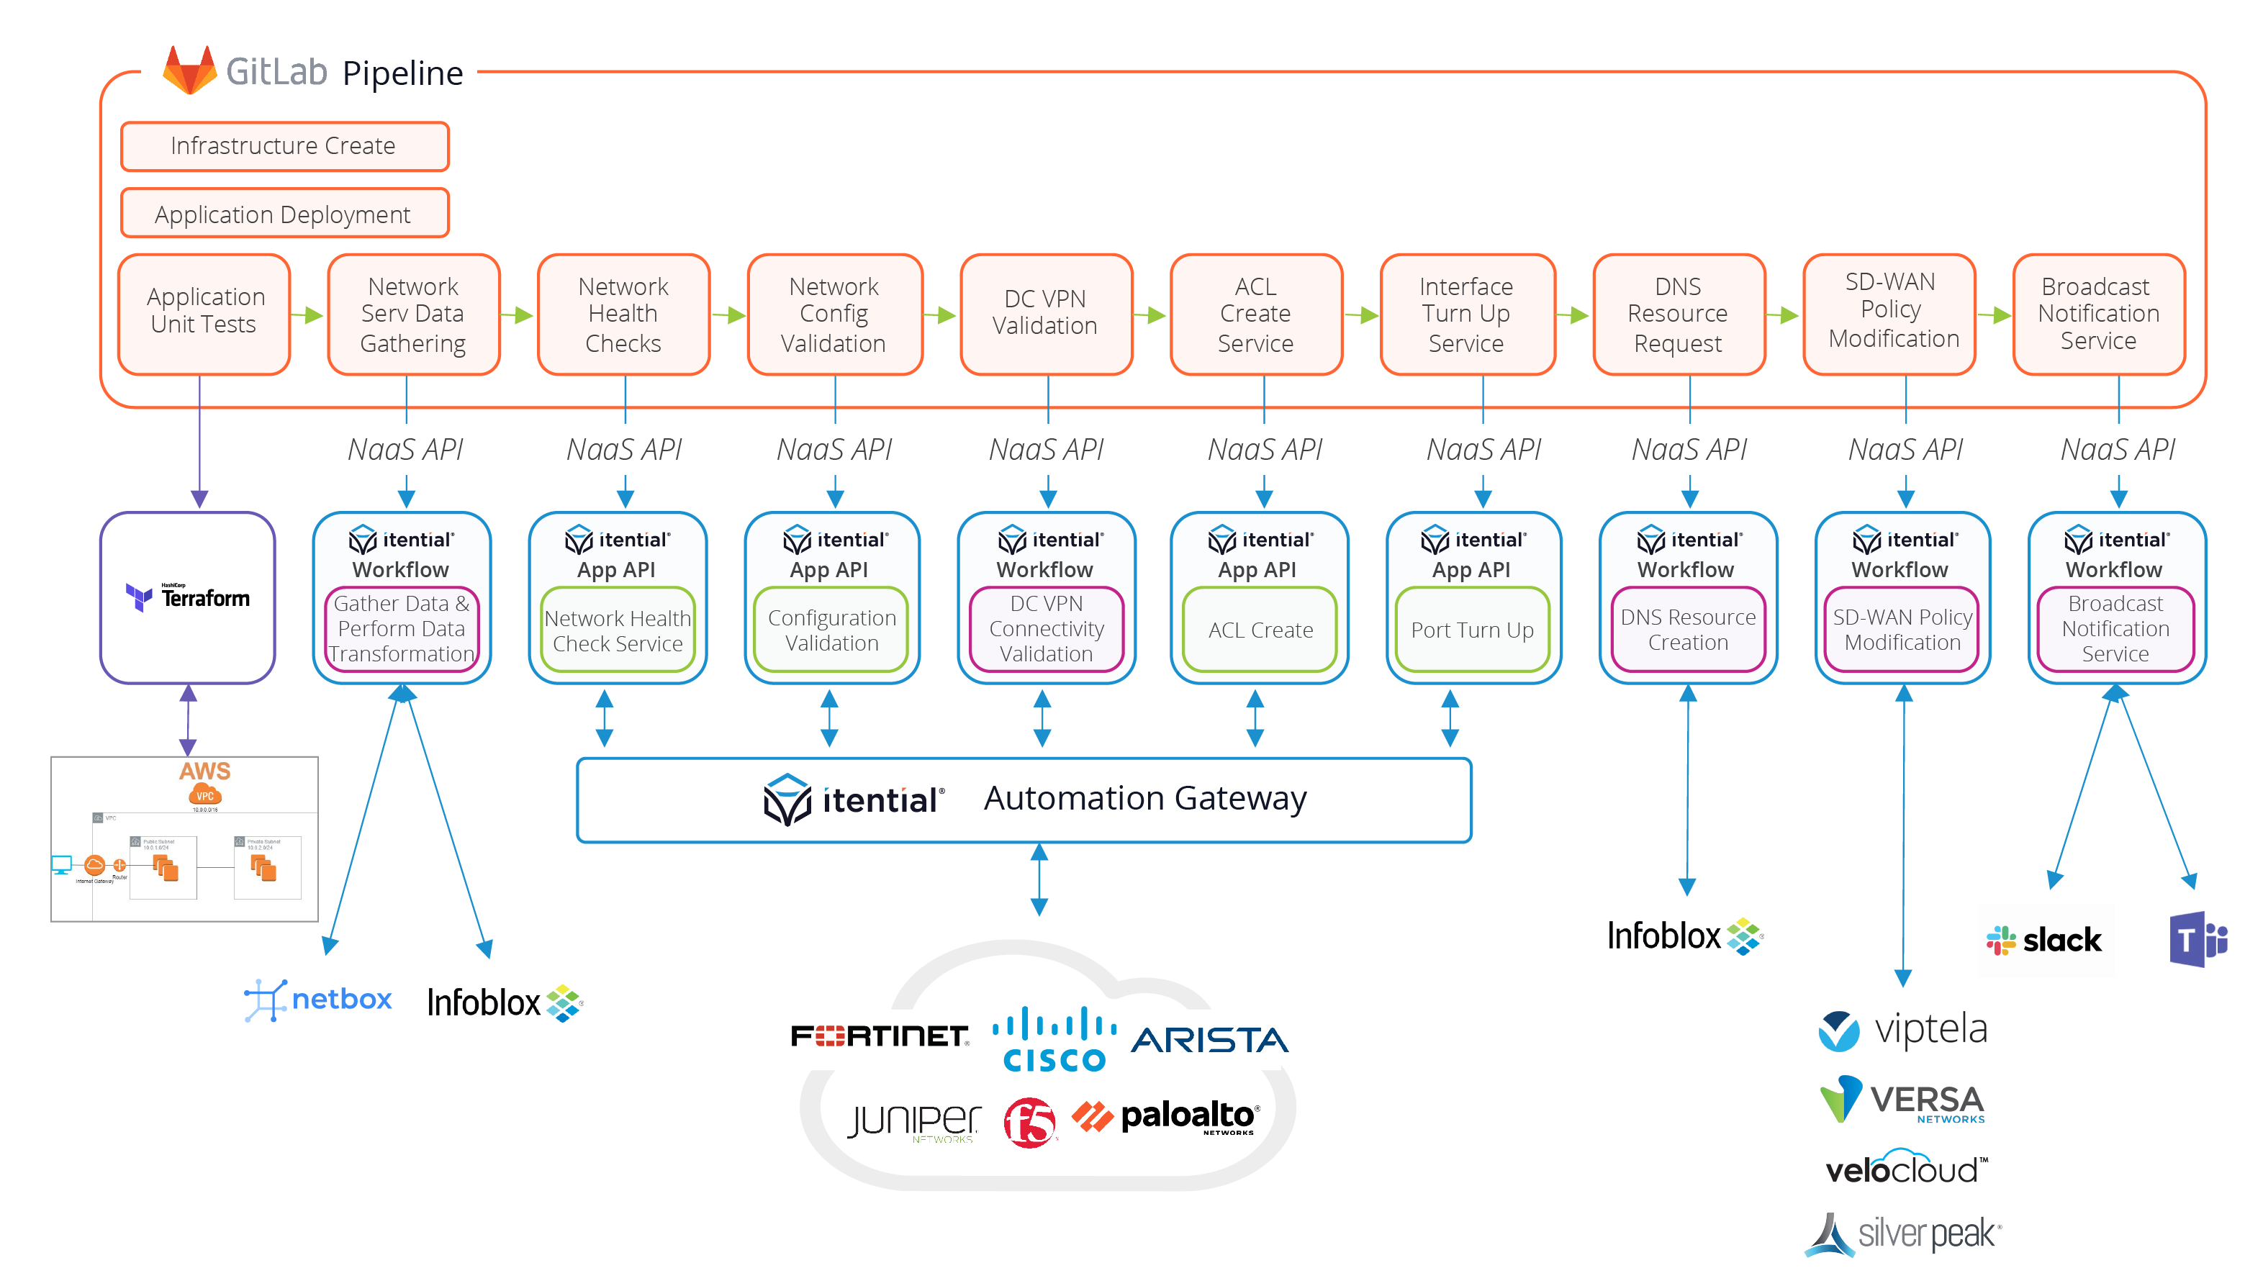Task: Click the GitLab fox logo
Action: (x=189, y=70)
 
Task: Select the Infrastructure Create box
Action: (x=284, y=146)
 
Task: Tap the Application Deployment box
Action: (x=284, y=214)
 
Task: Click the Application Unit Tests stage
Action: (x=204, y=312)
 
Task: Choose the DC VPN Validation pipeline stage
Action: (x=1045, y=312)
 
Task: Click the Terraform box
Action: (x=188, y=598)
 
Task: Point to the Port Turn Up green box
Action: (x=1471, y=630)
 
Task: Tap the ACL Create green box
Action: (x=1259, y=630)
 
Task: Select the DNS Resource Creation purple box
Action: (x=1687, y=630)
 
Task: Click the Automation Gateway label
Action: (x=1144, y=799)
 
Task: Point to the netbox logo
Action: (x=318, y=1000)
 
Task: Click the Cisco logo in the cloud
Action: (x=1054, y=1040)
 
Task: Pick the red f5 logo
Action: (x=1029, y=1123)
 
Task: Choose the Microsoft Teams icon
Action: (x=2197, y=939)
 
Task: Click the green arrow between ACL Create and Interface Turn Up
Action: (x=1361, y=315)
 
